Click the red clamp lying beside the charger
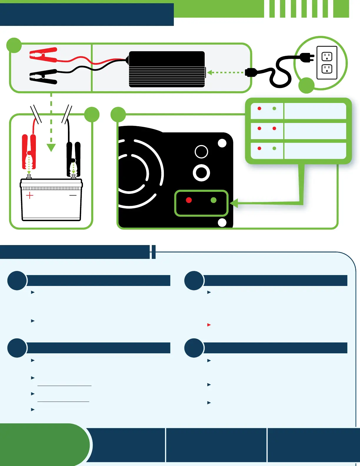(44, 55)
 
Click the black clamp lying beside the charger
(44, 76)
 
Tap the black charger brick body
(167, 69)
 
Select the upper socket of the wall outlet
(327, 56)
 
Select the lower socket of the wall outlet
(327, 69)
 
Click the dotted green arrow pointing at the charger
(210, 72)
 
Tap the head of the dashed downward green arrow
(51, 147)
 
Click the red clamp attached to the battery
(29, 152)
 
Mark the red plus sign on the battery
(30, 195)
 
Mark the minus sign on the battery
(73, 195)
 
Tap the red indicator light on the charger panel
(189, 200)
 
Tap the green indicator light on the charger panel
(214, 200)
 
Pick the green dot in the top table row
(274, 109)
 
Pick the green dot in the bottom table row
(274, 148)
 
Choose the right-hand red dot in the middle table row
(274, 129)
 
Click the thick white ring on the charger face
(201, 173)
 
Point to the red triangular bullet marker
(209, 325)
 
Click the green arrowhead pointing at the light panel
(234, 203)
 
